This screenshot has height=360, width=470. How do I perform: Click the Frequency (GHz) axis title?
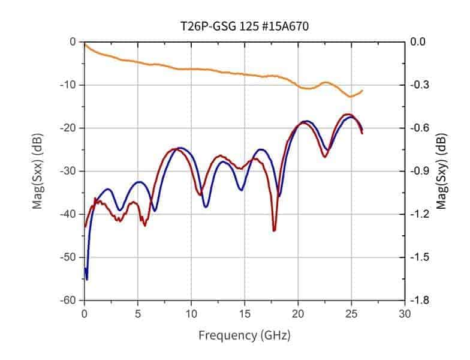pyautogui.click(x=245, y=334)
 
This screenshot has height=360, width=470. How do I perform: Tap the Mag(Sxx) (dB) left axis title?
pyautogui.click(x=38, y=171)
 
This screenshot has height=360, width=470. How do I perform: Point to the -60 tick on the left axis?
pyautogui.click(x=70, y=300)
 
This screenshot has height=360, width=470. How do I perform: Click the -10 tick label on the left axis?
pyautogui.click(x=70, y=85)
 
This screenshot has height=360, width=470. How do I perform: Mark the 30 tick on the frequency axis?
pyautogui.click(x=405, y=313)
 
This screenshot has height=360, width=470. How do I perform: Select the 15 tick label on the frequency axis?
pyautogui.click(x=245, y=313)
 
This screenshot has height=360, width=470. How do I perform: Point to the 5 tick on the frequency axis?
pyautogui.click(x=138, y=313)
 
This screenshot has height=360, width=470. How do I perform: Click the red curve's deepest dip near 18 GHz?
pyautogui.click(x=274, y=230)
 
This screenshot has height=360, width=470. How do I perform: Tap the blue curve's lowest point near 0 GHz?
pyautogui.click(x=87, y=279)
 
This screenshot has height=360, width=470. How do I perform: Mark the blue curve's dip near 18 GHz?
pyautogui.click(x=279, y=196)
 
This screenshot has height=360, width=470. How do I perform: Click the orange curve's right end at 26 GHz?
pyautogui.click(x=362, y=91)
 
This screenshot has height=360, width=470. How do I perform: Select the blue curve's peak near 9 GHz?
pyautogui.click(x=180, y=148)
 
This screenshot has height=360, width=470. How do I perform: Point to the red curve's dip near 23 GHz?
pyautogui.click(x=325, y=157)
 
